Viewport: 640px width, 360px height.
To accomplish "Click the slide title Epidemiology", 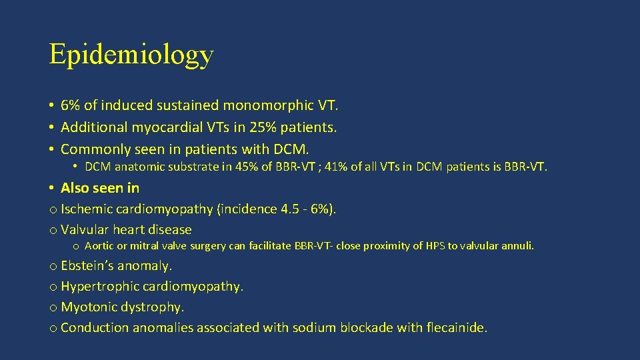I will click(x=131, y=55).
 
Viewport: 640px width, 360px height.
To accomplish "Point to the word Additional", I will click(x=91, y=127).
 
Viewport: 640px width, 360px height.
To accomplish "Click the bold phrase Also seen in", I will click(x=100, y=188).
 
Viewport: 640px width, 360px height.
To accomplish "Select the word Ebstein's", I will click(x=87, y=265).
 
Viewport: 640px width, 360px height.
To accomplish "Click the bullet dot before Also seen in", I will click(x=52, y=189).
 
